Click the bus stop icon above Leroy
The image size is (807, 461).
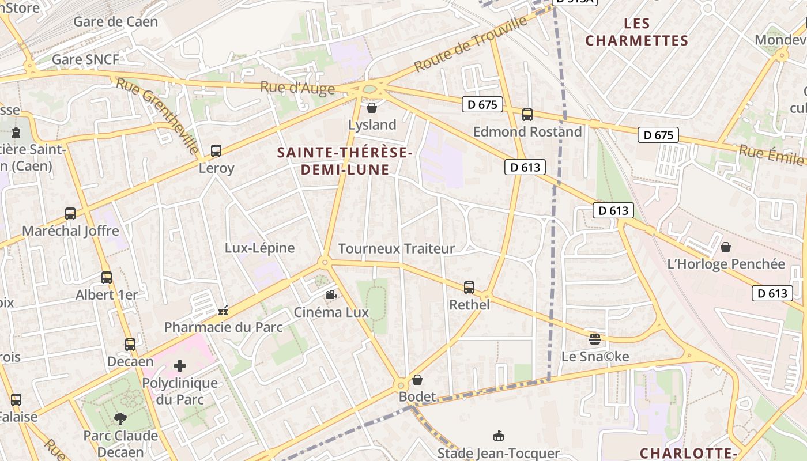[x=216, y=151]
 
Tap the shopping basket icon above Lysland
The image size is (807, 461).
[x=372, y=108]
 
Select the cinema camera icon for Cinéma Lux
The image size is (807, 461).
[x=331, y=295]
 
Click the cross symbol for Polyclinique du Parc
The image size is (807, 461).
[x=180, y=366]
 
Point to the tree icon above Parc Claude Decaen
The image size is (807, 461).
[x=120, y=418]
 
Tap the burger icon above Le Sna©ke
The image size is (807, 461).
[x=595, y=339]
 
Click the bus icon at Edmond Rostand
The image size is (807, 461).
[x=527, y=115]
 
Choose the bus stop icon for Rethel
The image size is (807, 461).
[x=469, y=287]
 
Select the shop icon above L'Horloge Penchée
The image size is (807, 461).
[x=726, y=247]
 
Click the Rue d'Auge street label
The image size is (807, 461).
[x=297, y=88]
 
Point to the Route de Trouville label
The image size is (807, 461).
[x=470, y=44]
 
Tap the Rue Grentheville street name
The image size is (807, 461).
[x=157, y=115]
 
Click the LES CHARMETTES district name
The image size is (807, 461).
[x=636, y=32]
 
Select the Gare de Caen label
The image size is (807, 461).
[x=115, y=22]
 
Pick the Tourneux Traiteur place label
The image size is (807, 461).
[x=396, y=248]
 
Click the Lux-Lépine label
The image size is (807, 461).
[x=259, y=248]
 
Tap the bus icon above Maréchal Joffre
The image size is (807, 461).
[x=70, y=214]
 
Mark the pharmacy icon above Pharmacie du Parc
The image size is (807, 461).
[x=223, y=311]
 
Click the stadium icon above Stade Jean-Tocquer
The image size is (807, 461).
[x=499, y=436]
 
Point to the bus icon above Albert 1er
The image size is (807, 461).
[x=107, y=278]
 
